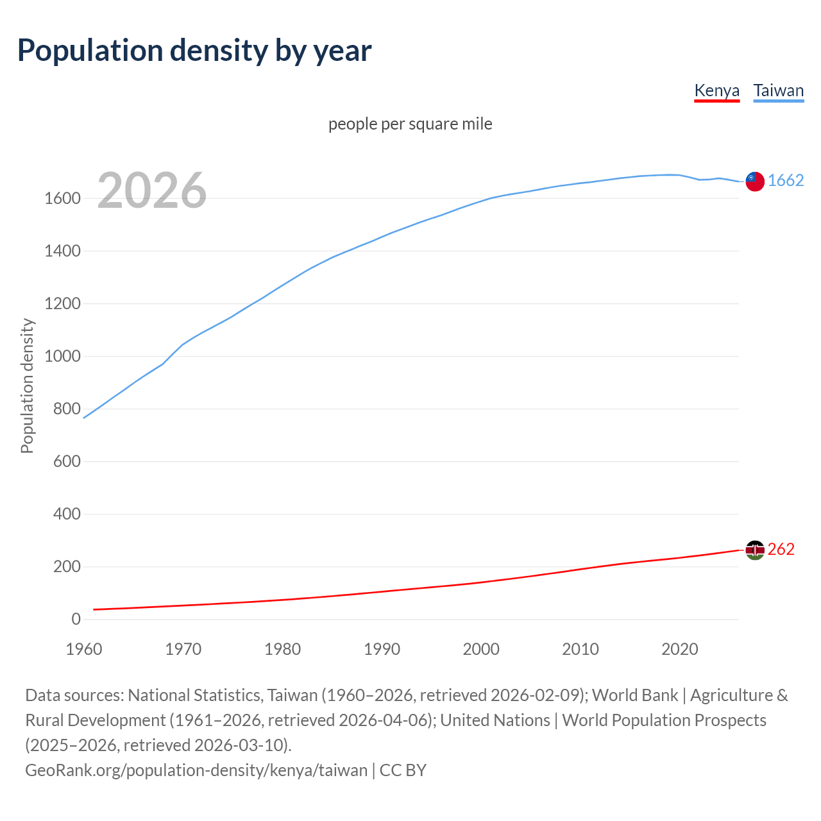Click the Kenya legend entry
pyautogui.click(x=716, y=90)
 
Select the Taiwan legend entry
pyautogui.click(x=778, y=90)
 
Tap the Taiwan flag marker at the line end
pyautogui.click(x=755, y=182)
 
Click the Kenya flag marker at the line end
pyautogui.click(x=755, y=550)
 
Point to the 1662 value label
pyautogui.click(x=786, y=180)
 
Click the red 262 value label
pyautogui.click(x=781, y=549)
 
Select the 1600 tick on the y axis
pyautogui.click(x=62, y=199)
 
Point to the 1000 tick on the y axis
pyautogui.click(x=62, y=357)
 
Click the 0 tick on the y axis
pyautogui.click(x=76, y=619)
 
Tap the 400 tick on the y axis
pyautogui.click(x=67, y=514)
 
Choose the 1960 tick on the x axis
pyautogui.click(x=84, y=649)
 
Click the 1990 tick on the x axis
pyautogui.click(x=382, y=649)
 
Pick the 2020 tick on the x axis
pyautogui.click(x=679, y=649)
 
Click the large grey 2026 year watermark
pyautogui.click(x=152, y=190)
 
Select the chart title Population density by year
pyautogui.click(x=194, y=51)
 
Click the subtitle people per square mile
pyautogui.click(x=410, y=124)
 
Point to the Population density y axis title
pyautogui.click(x=27, y=386)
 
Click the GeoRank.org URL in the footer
pyautogui.click(x=196, y=770)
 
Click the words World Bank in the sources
pyautogui.click(x=634, y=695)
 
